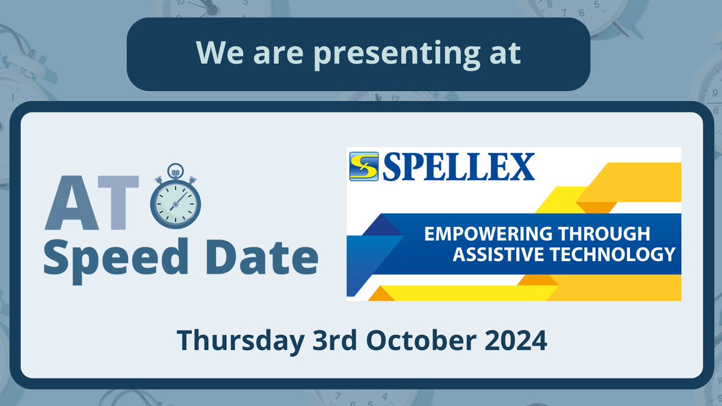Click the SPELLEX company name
[x=458, y=167]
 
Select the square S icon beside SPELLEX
[x=363, y=167]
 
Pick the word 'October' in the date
[x=418, y=341]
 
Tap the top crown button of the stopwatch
[x=176, y=171]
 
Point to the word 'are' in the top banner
[x=270, y=54]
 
